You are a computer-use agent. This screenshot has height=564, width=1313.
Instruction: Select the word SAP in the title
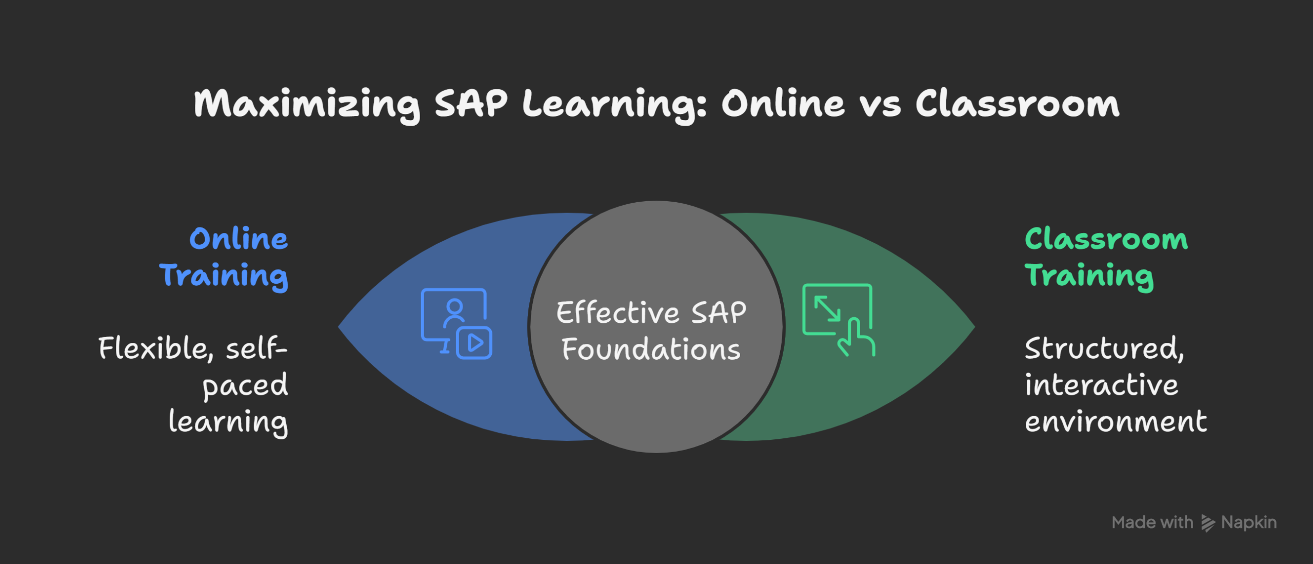click(471, 103)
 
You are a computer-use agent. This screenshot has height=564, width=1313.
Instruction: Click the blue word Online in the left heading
click(239, 239)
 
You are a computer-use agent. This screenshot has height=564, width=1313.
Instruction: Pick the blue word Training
click(224, 277)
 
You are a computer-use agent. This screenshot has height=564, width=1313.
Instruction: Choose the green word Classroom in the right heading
click(1106, 239)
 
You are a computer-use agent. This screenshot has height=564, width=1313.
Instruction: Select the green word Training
click(1089, 277)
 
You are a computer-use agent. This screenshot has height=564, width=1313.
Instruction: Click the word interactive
click(1102, 385)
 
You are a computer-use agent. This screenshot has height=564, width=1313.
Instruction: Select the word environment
click(1116, 422)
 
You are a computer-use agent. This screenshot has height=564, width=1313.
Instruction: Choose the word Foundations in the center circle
click(651, 349)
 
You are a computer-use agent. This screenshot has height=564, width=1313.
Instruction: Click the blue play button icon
click(474, 342)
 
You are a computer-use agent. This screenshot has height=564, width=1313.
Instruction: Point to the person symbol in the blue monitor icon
click(454, 313)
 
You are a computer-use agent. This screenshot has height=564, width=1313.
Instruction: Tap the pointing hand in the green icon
click(856, 337)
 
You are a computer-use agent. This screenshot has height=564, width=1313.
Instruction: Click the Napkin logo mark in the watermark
click(1208, 523)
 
